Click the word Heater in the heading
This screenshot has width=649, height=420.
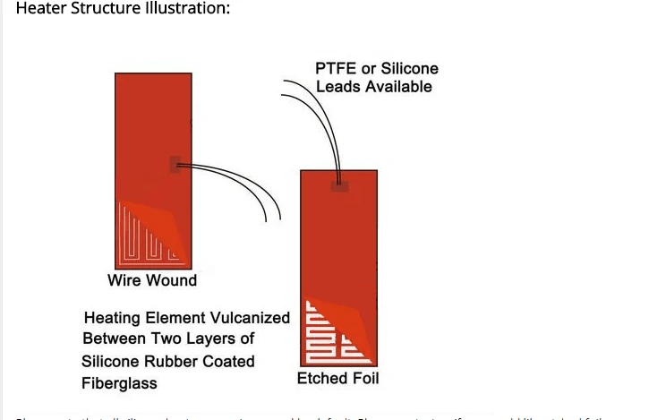point(40,9)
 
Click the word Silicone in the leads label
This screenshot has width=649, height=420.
point(408,69)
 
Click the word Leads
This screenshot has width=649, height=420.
point(337,87)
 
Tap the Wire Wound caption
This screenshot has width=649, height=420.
point(152,280)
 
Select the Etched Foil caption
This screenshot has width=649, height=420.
point(337,379)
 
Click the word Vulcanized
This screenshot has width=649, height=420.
point(244,318)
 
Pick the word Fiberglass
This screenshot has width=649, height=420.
point(119,383)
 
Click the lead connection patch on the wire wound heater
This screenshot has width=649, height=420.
point(176,164)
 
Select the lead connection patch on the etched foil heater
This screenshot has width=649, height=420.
point(338,186)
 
